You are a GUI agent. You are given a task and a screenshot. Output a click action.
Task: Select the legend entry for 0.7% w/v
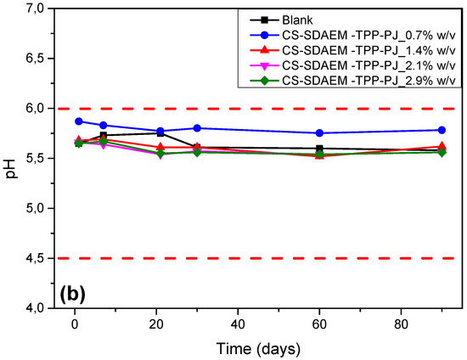(352, 35)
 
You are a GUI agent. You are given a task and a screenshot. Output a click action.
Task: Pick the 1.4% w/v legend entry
(352, 50)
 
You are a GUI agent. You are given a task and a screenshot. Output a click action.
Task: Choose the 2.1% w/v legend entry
(352, 65)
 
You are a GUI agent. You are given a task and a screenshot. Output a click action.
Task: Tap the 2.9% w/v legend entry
(352, 81)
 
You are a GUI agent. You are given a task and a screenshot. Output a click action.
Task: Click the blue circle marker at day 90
(442, 130)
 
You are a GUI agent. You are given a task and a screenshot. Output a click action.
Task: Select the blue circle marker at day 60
(319, 133)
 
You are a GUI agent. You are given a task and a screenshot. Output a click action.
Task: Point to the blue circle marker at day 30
(197, 128)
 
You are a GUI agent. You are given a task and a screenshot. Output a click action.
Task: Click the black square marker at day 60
(319, 149)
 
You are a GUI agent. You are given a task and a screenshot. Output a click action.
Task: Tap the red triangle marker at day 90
(442, 146)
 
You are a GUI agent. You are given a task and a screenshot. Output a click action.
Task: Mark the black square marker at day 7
(104, 135)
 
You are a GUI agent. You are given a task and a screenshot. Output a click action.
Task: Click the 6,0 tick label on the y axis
(37, 109)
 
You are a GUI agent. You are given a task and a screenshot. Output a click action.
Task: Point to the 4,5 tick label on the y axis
(37, 258)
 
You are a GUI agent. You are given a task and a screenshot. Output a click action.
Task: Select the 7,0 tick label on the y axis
(37, 8)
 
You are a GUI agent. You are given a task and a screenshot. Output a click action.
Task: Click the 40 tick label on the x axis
(238, 324)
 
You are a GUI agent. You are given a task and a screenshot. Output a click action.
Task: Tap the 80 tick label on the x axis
(401, 324)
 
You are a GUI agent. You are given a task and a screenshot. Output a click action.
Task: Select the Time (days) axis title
(258, 349)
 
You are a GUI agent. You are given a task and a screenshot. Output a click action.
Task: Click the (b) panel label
(73, 294)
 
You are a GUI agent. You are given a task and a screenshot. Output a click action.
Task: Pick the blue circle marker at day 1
(79, 121)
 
